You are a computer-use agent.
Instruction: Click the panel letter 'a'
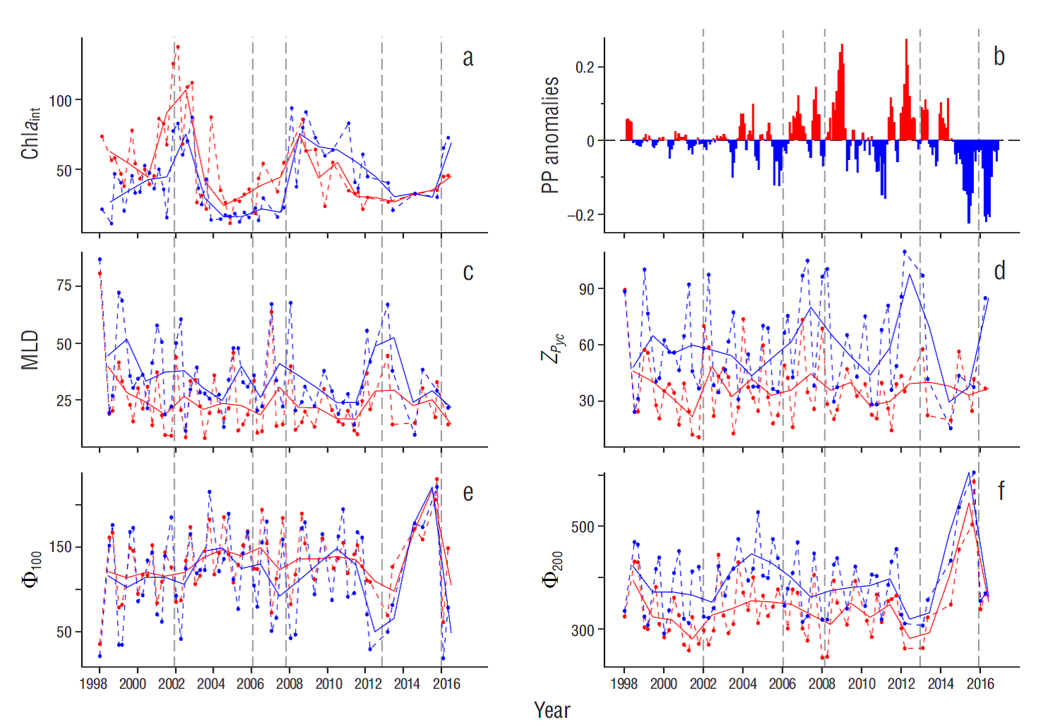coord(468,58)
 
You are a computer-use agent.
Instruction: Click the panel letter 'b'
coord(999,56)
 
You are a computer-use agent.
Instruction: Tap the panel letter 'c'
coord(468,272)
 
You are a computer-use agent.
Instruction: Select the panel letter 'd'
coord(999,271)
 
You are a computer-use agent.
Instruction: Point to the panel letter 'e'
coord(468,492)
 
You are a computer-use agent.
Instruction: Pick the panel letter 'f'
coord(1001,491)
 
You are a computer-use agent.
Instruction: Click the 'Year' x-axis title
coord(551,710)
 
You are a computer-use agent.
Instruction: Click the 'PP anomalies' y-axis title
coord(550,135)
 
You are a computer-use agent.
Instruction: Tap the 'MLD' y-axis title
coord(30,350)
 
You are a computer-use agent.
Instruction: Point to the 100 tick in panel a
coord(60,101)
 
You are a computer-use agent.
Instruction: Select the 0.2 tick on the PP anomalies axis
coord(585,68)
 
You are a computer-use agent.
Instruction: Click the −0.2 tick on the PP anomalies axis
coord(581,215)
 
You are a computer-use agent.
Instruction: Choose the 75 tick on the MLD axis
coord(63,286)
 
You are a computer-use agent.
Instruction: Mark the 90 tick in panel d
coord(586,289)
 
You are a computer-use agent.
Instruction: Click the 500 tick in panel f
coord(583,527)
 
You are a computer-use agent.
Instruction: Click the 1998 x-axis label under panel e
coord(94,683)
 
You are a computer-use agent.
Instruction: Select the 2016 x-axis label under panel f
coord(980,683)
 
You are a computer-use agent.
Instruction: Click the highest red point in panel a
coord(178,47)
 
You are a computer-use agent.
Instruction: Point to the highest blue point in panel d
coord(905,252)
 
